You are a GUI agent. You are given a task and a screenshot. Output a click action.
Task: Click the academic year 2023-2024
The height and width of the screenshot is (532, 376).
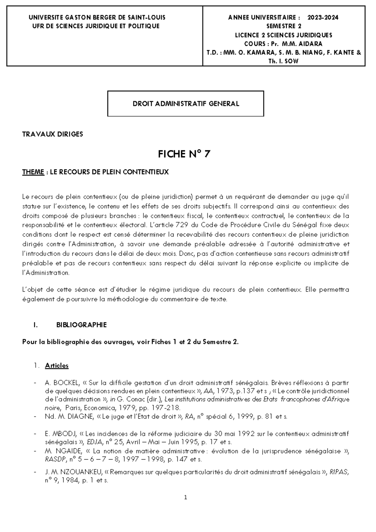pos(323,18)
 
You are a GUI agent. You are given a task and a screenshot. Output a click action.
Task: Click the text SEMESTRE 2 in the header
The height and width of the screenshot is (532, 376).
pos(284,26)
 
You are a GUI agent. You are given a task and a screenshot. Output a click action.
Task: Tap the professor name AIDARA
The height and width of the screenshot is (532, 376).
pos(311,44)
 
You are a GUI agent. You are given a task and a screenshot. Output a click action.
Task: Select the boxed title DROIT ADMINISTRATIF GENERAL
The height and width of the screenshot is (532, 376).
pos(185,104)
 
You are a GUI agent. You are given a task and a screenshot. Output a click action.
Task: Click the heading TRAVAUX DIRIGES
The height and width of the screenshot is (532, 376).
pos(52,134)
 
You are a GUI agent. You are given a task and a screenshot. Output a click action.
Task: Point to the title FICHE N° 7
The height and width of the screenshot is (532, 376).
pos(184,154)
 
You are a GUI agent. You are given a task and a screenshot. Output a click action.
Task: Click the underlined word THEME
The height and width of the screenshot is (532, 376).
pos(33,172)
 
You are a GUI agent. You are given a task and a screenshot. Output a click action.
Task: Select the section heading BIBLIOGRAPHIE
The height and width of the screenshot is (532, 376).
pos(81,325)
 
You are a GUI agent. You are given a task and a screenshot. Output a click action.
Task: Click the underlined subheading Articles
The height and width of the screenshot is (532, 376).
pos(57,365)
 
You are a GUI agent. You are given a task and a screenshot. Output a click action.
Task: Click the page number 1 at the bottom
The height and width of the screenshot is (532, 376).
pos(186,497)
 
